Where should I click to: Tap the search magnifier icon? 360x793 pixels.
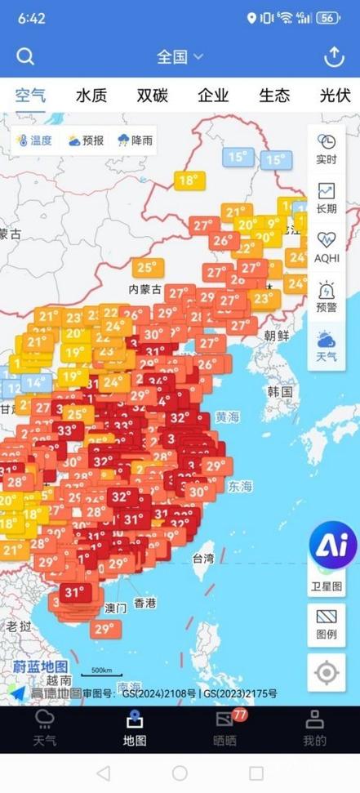[25, 56]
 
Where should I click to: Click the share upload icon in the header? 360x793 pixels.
[333, 56]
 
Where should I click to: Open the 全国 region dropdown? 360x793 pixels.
[180, 56]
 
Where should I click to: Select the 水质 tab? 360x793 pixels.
[91, 96]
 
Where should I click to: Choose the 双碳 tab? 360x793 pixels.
[153, 96]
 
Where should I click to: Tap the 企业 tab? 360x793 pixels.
[213, 96]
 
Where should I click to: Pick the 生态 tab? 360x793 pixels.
[274, 96]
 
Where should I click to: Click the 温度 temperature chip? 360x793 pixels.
[34, 140]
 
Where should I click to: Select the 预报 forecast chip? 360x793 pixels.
[86, 140]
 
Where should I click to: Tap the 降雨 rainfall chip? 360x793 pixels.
[136, 140]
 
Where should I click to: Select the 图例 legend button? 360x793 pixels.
[327, 625]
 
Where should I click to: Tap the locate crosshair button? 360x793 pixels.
[327, 673]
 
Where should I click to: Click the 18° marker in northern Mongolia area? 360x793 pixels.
[189, 180]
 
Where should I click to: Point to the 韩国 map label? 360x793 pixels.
[280, 392]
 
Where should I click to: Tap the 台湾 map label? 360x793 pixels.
[203, 559]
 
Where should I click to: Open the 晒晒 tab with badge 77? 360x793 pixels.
[225, 728]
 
